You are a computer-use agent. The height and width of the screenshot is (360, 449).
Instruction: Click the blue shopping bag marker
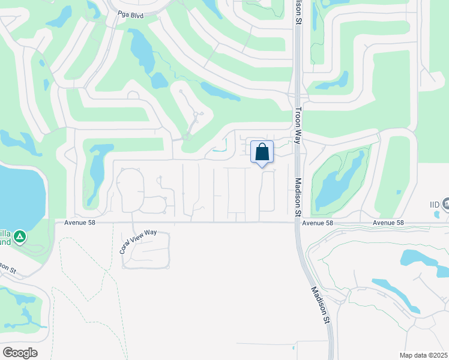(262, 152)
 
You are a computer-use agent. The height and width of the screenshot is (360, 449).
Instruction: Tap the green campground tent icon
(20, 237)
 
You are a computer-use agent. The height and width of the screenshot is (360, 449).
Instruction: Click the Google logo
(20, 352)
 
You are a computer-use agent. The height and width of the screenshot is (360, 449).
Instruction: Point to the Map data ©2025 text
(424, 355)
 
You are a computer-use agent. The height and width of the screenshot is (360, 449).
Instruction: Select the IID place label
(435, 205)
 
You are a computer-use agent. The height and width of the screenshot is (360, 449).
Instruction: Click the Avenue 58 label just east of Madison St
(318, 223)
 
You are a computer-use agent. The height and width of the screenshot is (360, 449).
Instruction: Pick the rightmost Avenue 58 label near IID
(387, 223)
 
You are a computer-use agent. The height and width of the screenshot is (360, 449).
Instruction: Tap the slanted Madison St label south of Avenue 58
(320, 305)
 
